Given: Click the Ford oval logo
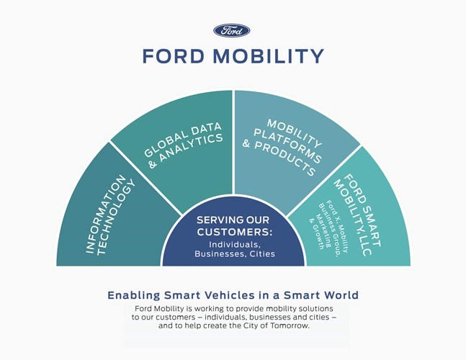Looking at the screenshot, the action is pos(231,30).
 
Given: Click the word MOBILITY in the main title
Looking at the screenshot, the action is pos(269,56).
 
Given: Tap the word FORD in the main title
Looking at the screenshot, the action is pos(174,56).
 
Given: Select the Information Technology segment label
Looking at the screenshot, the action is pos(111,215).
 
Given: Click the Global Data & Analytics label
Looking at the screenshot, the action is pos(184,145).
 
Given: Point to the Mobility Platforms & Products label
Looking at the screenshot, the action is pos(282,148).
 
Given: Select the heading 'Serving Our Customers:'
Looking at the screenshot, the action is pos(234,226).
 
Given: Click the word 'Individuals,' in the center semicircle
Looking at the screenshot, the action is pos(235,245).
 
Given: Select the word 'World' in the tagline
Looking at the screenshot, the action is pos(341,295).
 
